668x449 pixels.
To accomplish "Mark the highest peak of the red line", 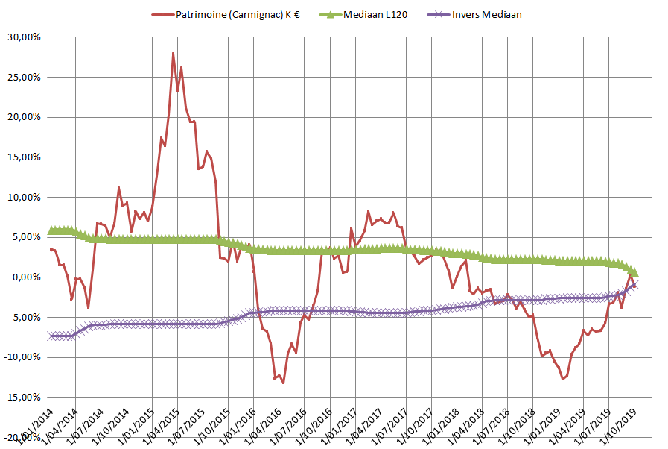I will pyautogui.click(x=173, y=54).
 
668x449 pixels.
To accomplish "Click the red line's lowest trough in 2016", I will pyautogui.click(x=283, y=383).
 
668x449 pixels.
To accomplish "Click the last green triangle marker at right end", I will pyautogui.click(x=634, y=274).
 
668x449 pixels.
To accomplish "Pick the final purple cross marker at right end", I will pyautogui.click(x=634, y=284).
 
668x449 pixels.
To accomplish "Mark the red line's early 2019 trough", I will pyautogui.click(x=563, y=379).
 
